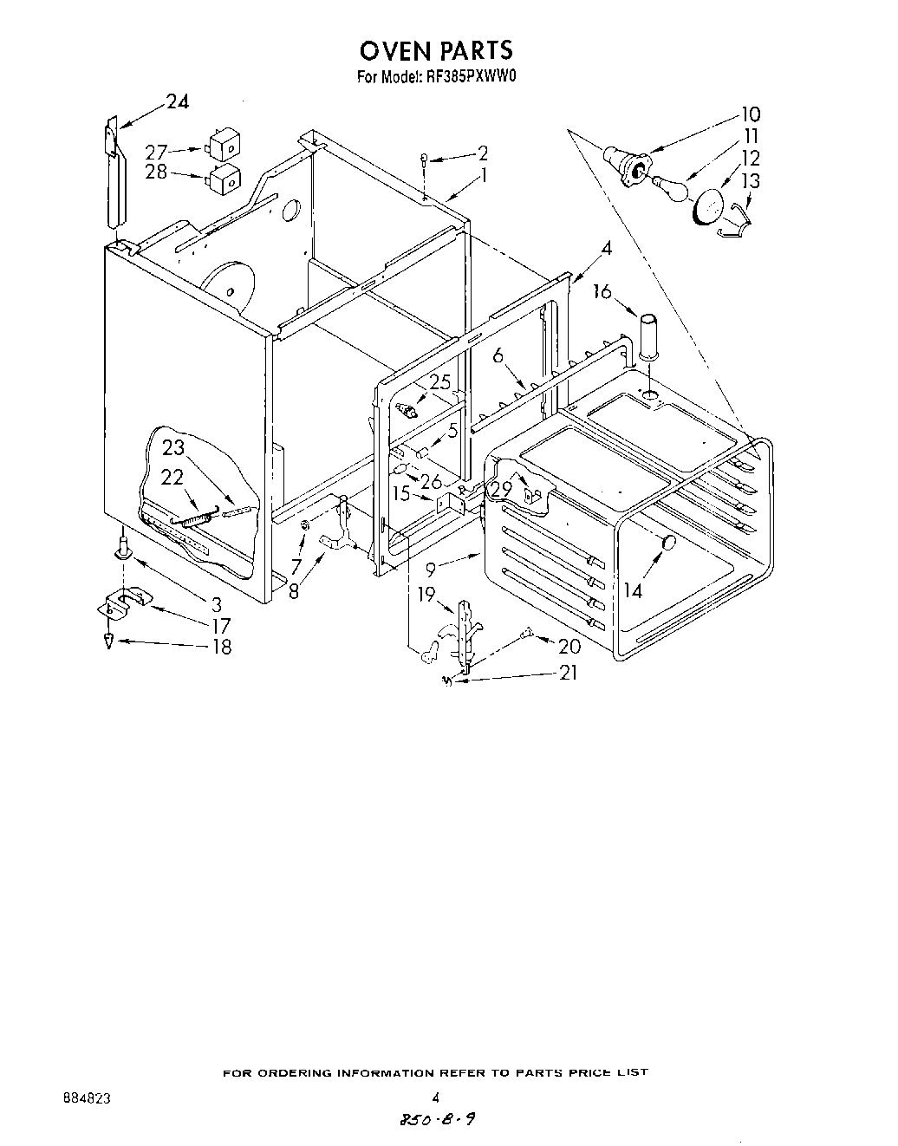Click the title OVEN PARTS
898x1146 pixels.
click(x=437, y=50)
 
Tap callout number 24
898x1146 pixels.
click(x=177, y=101)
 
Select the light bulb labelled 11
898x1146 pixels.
click(x=668, y=184)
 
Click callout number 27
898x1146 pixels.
click(x=156, y=149)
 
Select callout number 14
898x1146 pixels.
click(x=633, y=590)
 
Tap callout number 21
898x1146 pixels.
click(x=568, y=673)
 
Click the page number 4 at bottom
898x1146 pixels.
click(x=435, y=1096)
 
